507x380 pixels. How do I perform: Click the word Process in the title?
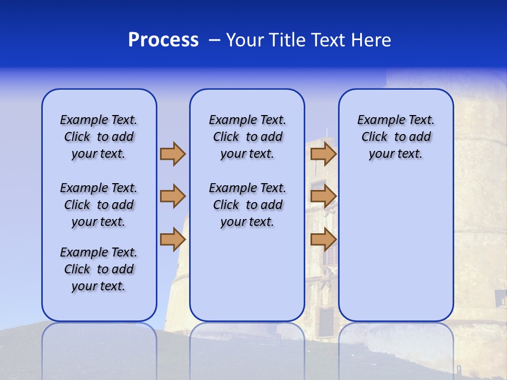(163, 40)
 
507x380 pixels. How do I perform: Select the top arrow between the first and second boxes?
(173, 154)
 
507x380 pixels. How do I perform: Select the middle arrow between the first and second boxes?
(173, 196)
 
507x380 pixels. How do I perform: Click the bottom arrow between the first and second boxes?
(173, 239)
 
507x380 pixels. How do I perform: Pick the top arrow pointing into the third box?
(323, 154)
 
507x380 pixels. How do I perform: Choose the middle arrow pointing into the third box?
(323, 196)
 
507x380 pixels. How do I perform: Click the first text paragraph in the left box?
(99, 137)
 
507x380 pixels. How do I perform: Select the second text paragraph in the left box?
(99, 205)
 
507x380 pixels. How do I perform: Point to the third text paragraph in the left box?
(99, 269)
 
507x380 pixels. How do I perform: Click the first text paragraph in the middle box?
(248, 137)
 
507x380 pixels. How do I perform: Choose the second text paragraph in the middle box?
(248, 205)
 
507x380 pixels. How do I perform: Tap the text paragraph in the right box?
(396, 137)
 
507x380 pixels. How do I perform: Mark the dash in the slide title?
(214, 40)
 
